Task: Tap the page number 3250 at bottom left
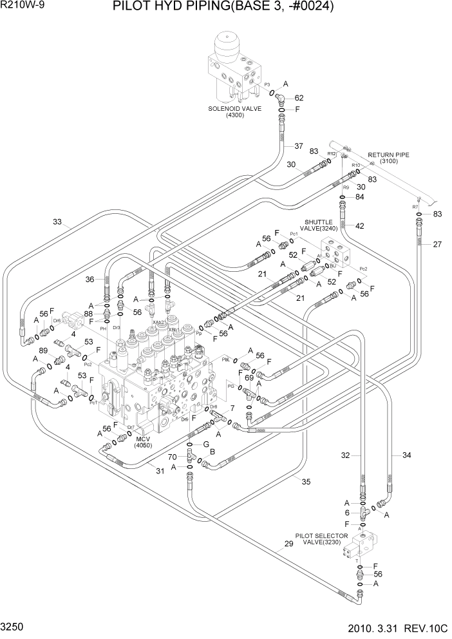14,626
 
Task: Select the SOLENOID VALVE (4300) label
234,112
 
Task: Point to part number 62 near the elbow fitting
299,98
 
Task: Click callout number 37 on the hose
298,146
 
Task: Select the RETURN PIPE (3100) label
388,158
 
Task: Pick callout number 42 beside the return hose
360,225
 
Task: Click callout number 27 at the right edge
437,244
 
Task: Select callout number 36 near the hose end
89,280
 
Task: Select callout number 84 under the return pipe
359,196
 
